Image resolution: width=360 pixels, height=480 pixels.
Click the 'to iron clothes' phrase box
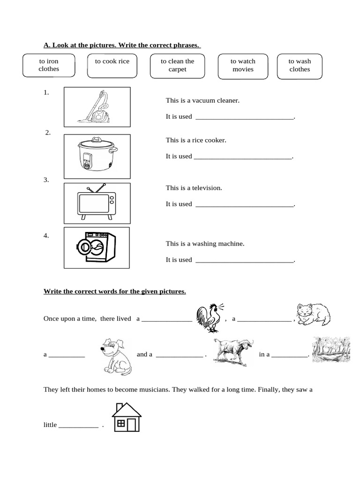pos(49,66)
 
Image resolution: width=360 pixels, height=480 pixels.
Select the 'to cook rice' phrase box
pos(112,66)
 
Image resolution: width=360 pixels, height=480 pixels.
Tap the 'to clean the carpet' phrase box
pos(177,66)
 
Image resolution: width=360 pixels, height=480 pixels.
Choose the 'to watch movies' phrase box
pos(243,66)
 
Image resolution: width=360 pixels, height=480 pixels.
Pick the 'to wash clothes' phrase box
pos(300,66)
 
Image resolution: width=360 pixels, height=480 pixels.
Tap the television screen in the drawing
pos(93,203)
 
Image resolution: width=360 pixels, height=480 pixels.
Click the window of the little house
pos(121,423)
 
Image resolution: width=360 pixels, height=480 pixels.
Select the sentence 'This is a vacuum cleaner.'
pos(202,100)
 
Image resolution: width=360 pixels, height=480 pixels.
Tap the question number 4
pos(46,236)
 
